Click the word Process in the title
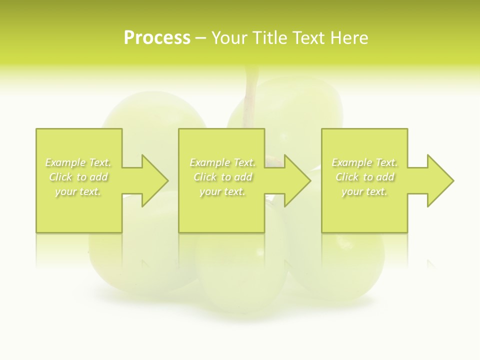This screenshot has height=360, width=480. pos(157,38)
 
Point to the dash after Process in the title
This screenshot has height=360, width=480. pos(201,38)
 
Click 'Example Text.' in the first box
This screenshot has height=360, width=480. pos(78,162)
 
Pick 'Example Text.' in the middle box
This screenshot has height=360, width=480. pos(222,162)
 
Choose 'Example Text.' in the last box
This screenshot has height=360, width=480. pos(364,162)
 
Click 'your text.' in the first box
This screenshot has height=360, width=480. pos(78,191)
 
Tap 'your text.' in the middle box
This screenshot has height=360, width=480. pos(222,191)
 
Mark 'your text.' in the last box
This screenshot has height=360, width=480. pos(364,191)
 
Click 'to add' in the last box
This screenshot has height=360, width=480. pos(381,177)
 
